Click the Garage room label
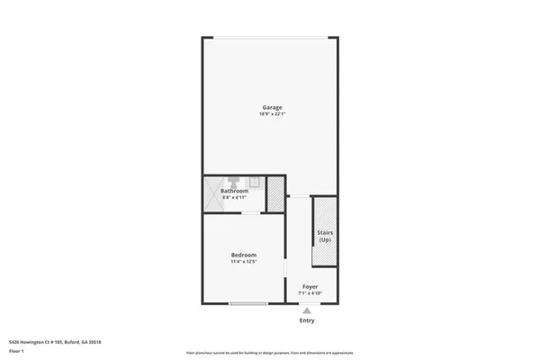point(271,107)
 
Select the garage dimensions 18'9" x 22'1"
point(271,114)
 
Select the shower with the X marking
point(213,193)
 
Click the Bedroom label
point(244,256)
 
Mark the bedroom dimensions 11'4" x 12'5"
point(244,263)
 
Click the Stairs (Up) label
point(324,236)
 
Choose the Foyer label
point(310,287)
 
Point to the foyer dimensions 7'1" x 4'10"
point(310,293)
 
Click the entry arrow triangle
point(308,310)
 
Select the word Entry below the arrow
point(308,320)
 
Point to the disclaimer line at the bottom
point(270,354)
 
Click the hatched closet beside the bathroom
point(275,193)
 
